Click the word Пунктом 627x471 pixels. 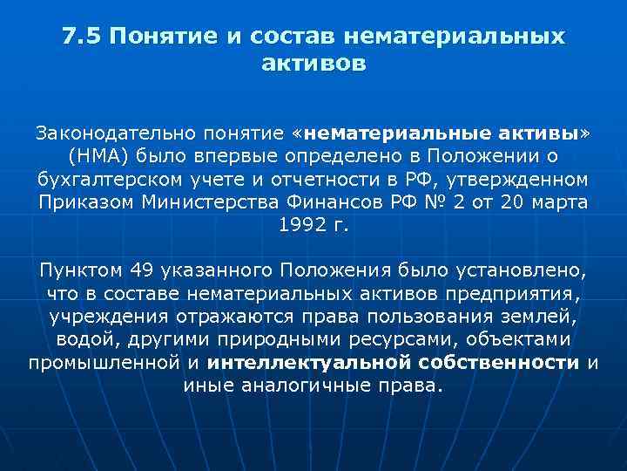78,269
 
